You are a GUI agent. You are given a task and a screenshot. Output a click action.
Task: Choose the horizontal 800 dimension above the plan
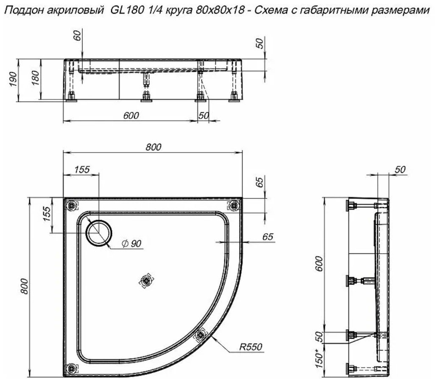153,147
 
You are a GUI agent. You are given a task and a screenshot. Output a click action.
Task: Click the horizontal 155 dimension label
81,170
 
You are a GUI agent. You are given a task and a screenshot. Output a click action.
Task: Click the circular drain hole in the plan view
100,233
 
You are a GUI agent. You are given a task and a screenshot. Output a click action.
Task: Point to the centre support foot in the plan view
146,280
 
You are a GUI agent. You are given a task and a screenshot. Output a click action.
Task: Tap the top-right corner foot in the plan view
233,206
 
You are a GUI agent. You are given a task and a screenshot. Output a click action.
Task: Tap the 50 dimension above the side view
399,170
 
